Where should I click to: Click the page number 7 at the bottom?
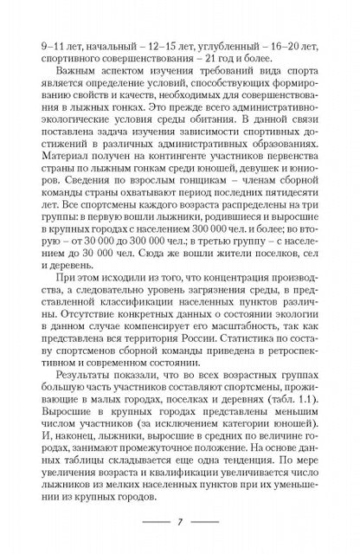[179, 524]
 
